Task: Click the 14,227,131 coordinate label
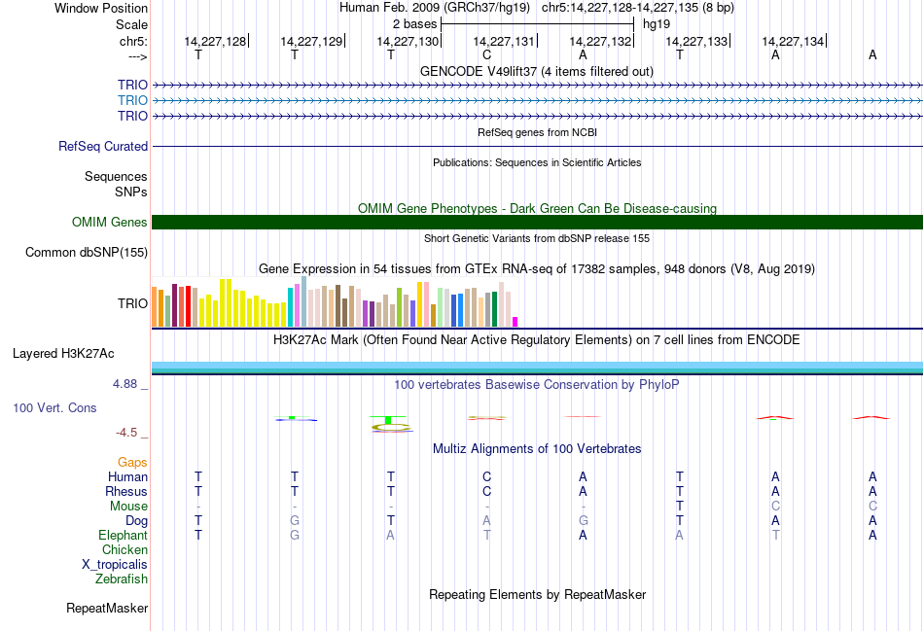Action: [504, 41]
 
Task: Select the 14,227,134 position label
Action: [793, 41]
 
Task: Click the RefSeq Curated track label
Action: [103, 147]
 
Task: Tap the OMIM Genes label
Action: [110, 223]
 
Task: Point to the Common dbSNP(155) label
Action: [87, 253]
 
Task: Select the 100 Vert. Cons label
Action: [54, 408]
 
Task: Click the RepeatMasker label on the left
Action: [107, 609]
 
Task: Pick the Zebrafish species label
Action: [122, 579]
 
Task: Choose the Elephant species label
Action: [123, 536]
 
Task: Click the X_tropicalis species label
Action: [115, 565]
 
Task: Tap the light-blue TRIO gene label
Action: [132, 100]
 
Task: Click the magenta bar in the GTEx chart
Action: [515, 321]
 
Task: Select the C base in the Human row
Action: [487, 477]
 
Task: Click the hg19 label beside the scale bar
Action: [657, 23]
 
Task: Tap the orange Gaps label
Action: [132, 463]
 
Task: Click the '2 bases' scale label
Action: [414, 23]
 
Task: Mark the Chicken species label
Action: [124, 550]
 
